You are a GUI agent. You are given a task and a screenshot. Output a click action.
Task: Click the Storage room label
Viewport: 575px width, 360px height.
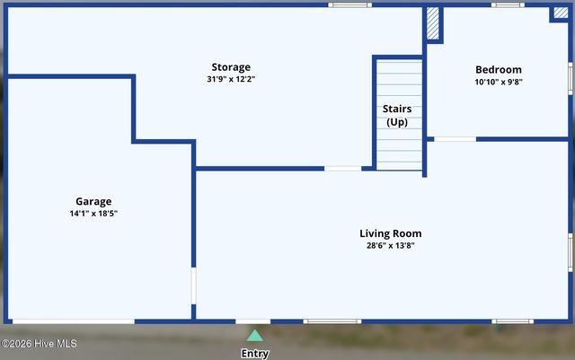[x=231, y=67]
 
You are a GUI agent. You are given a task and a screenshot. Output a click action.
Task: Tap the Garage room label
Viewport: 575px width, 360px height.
[x=93, y=202]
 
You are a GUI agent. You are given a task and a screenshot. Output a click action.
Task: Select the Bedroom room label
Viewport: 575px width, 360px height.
[x=498, y=70]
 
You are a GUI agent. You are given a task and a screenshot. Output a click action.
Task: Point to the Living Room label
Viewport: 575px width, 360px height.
[x=390, y=233]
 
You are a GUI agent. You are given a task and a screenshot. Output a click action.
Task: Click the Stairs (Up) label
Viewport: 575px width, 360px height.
[x=397, y=115]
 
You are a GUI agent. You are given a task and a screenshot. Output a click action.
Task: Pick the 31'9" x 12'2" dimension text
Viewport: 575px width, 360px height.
[x=231, y=79]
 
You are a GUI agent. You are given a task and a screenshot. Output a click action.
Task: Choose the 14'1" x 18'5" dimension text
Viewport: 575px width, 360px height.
[x=93, y=214]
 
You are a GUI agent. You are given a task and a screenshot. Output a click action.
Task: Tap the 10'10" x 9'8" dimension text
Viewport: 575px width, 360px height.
[x=498, y=82]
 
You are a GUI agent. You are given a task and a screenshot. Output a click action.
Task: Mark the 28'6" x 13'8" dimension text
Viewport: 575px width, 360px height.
[x=390, y=245]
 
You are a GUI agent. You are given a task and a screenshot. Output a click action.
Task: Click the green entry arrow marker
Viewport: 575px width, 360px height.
[x=255, y=336]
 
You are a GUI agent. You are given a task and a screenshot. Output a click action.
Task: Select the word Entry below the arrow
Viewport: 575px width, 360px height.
[x=255, y=354]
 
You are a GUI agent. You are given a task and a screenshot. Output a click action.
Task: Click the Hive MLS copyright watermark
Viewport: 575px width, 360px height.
[x=40, y=344]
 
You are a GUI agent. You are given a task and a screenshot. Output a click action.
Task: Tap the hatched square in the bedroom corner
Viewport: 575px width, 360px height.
[x=560, y=13]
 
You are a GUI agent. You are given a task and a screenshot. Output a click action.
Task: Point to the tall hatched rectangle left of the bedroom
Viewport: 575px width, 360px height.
[x=433, y=24]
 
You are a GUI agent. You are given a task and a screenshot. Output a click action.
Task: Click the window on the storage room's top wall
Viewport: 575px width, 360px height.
[x=349, y=4]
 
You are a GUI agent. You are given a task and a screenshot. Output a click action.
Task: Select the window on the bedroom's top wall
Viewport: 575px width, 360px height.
[x=508, y=4]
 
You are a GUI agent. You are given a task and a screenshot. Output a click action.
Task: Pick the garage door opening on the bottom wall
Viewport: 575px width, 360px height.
[x=72, y=320]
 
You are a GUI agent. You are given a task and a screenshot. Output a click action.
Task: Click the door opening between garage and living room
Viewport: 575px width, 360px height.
[x=193, y=286]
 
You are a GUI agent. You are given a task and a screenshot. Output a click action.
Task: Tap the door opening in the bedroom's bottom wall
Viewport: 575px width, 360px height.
[x=455, y=139]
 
